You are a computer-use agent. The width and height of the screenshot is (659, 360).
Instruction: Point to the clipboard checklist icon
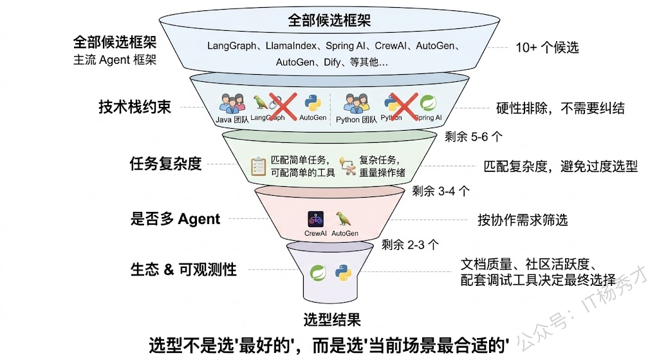point(258,166)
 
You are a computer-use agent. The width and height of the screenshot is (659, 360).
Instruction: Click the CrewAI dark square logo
point(315,218)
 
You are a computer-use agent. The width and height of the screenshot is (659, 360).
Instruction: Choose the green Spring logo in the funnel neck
point(317,272)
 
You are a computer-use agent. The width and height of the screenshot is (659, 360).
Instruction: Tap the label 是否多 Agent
point(175,219)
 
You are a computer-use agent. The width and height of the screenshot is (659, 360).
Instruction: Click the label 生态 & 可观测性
point(183,270)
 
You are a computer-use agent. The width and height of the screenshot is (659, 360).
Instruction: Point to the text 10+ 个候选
point(547,48)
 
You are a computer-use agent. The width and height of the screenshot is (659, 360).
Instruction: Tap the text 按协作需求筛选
point(523,220)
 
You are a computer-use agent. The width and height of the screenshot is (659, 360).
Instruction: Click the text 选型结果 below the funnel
point(331,319)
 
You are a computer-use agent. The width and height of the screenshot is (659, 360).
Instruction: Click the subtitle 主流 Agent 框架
point(115,61)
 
